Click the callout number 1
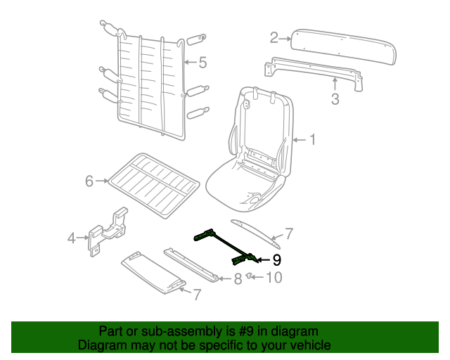click(312, 140)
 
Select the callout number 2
click(274, 38)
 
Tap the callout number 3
click(335, 98)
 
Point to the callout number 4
click(72, 238)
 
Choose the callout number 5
click(202, 63)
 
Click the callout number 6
click(89, 181)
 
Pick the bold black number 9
click(276, 260)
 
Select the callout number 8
click(238, 278)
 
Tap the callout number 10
click(274, 277)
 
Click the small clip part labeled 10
click(250, 276)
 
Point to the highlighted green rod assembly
click(226, 247)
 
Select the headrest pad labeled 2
click(343, 46)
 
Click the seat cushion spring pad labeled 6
click(154, 185)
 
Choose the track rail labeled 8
click(191, 265)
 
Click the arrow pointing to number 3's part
click(335, 84)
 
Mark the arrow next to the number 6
click(102, 181)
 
